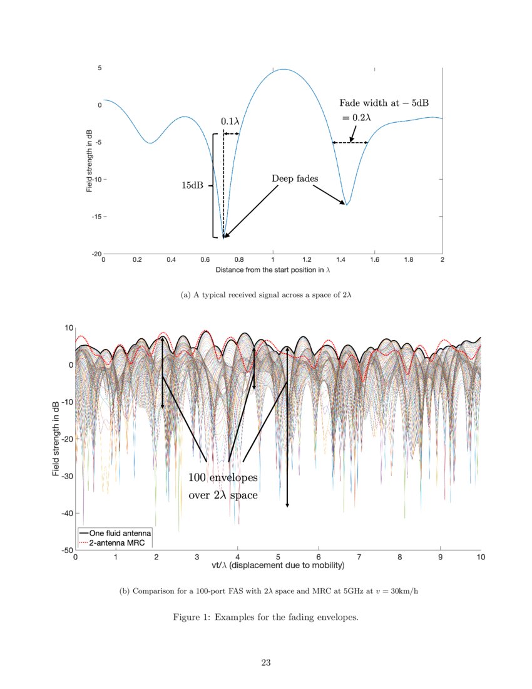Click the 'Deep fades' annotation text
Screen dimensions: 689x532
(x=295, y=179)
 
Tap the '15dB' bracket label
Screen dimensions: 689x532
(x=192, y=185)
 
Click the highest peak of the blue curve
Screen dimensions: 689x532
(x=284, y=70)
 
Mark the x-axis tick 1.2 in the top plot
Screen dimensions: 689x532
(x=307, y=259)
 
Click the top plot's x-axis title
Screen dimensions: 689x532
(x=272, y=270)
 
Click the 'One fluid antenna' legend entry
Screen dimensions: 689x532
(x=118, y=532)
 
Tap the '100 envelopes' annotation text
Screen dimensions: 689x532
(x=223, y=478)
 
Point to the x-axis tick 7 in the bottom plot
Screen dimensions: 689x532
(x=359, y=556)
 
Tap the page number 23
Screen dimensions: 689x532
(x=266, y=663)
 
